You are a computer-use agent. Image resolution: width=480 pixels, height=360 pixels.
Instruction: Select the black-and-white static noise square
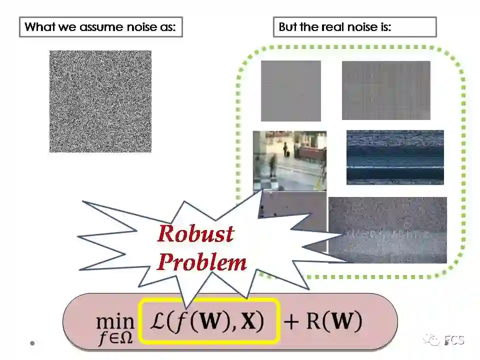pyautogui.click(x=100, y=101)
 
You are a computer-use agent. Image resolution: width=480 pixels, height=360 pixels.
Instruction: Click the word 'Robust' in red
pyautogui.click(x=195, y=234)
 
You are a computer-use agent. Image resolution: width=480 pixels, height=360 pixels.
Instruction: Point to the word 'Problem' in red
pyautogui.click(x=202, y=262)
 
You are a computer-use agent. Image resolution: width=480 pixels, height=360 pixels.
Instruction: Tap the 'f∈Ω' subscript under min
pyautogui.click(x=115, y=338)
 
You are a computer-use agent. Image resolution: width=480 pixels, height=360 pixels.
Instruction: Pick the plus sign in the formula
pyautogui.click(x=291, y=321)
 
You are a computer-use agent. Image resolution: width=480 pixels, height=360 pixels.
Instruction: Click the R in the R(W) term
pyautogui.click(x=311, y=321)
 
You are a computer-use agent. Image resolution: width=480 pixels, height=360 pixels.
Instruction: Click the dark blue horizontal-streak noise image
pyautogui.click(x=395, y=157)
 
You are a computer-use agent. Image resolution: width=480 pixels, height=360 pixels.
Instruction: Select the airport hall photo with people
pyautogui.click(x=289, y=160)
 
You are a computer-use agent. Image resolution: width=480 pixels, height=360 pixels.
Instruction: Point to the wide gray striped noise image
pyautogui.click(x=385, y=90)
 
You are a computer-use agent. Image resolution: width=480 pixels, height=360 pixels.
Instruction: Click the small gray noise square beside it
pyautogui.click(x=290, y=91)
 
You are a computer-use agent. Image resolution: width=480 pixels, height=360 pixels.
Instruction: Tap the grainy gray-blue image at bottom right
pyautogui.click(x=388, y=230)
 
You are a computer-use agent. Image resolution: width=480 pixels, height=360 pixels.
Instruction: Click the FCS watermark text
pyautogui.click(x=453, y=341)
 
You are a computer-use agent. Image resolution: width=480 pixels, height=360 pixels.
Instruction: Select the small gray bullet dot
pyautogui.click(x=32, y=343)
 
